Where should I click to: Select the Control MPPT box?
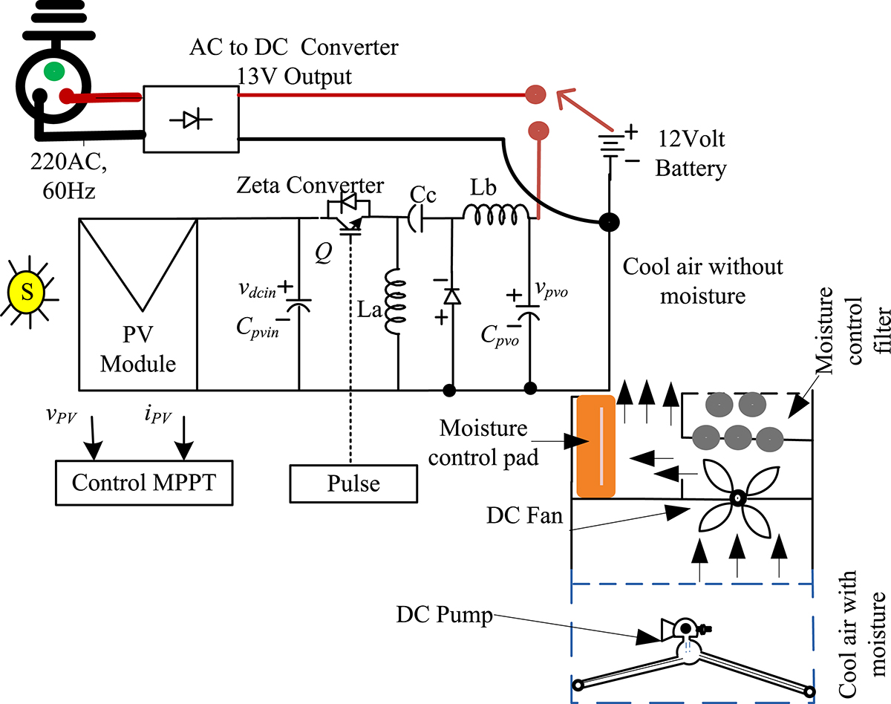click(140, 483)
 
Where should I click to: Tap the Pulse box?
click(353, 483)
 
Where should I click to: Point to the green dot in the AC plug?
click(53, 72)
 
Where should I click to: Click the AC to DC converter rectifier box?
click(190, 120)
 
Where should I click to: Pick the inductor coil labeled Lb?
click(496, 215)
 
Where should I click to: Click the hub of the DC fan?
click(737, 498)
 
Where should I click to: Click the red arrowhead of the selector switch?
click(564, 96)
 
